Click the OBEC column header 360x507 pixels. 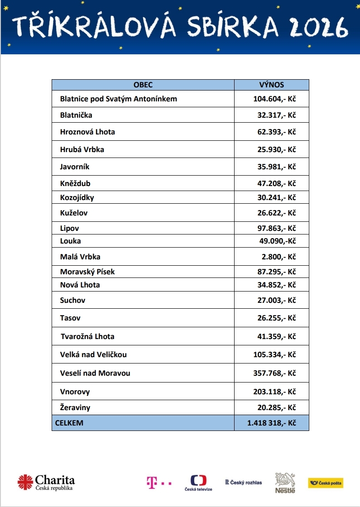click(143, 85)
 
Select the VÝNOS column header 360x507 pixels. click(272, 85)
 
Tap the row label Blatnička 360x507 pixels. click(76, 115)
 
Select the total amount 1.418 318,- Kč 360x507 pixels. click(272, 423)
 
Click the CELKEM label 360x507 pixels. click(69, 423)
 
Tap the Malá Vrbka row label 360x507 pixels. click(80, 257)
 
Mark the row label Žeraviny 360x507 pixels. click(75, 407)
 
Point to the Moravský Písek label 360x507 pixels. click(87, 272)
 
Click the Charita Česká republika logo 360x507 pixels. click(46, 482)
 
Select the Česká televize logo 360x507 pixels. click(198, 483)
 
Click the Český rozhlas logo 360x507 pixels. click(244, 483)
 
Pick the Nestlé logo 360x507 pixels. click(285, 483)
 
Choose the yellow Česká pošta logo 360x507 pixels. click(325, 483)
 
